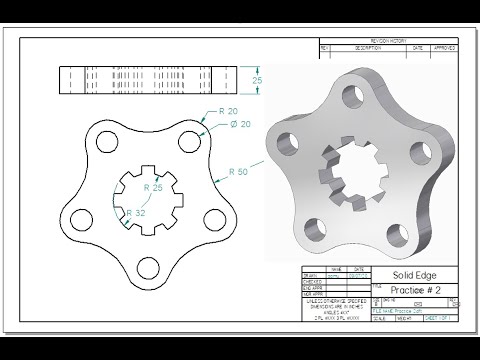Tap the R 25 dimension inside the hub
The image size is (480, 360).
coord(153,188)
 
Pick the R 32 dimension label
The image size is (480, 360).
coord(136,212)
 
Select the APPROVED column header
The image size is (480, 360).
coord(445,47)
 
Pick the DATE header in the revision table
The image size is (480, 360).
coord(417,47)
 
